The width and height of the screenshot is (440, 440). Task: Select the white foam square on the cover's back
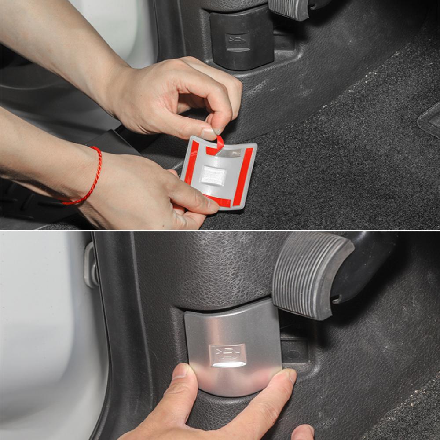(x=213, y=175)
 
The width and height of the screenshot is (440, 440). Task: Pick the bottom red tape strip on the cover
(x=218, y=201)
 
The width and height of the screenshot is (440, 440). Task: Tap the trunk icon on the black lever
(x=236, y=42)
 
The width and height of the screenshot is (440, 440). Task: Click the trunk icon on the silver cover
(x=227, y=353)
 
